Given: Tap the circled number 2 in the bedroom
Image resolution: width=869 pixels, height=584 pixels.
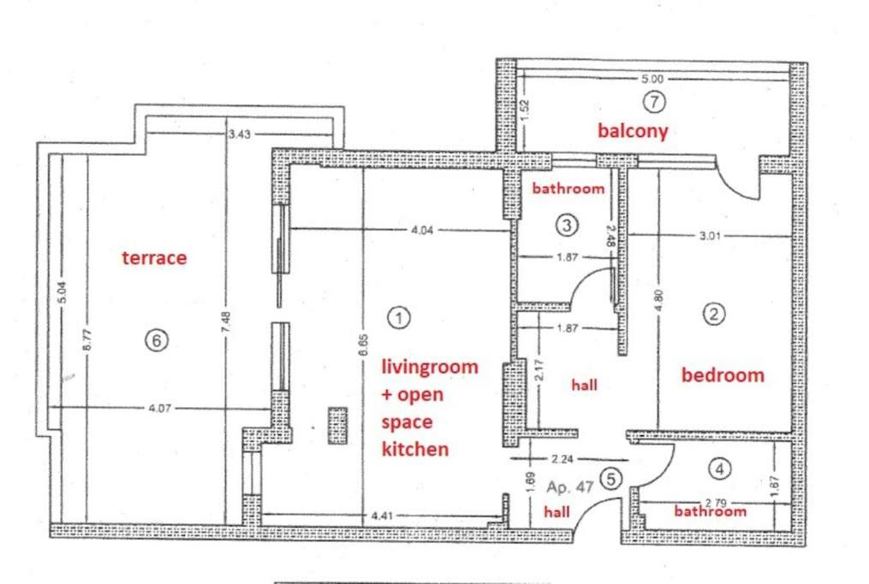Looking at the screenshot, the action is pyautogui.click(x=714, y=315).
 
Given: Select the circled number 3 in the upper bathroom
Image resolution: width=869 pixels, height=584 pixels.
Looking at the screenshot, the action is pyautogui.click(x=567, y=225).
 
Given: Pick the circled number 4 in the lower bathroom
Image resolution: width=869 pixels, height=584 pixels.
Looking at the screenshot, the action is pyautogui.click(x=719, y=469).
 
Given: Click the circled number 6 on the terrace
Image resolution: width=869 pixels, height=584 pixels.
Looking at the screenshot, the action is pyautogui.click(x=157, y=339).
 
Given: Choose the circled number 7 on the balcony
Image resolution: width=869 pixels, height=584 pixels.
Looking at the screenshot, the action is pyautogui.click(x=654, y=102).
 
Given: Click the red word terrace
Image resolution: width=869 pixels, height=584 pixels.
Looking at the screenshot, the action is pyautogui.click(x=154, y=258).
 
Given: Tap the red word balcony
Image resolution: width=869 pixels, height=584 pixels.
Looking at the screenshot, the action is pyautogui.click(x=633, y=131).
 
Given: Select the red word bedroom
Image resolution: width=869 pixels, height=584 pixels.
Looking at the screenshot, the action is pyautogui.click(x=723, y=375).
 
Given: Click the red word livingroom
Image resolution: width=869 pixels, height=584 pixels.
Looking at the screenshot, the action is pyautogui.click(x=430, y=367).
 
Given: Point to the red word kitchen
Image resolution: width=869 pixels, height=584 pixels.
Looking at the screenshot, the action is pyautogui.click(x=415, y=448).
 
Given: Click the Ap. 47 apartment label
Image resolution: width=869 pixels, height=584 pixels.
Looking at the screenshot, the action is pyautogui.click(x=569, y=487).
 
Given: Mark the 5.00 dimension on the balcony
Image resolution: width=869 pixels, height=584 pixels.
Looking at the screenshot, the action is pyautogui.click(x=652, y=80).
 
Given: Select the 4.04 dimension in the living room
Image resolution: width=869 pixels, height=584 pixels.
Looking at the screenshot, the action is pyautogui.click(x=422, y=230).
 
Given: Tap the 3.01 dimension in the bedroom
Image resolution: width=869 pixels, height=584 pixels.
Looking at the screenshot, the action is pyautogui.click(x=710, y=236).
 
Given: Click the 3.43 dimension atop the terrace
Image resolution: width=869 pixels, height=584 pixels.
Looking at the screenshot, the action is pyautogui.click(x=240, y=134).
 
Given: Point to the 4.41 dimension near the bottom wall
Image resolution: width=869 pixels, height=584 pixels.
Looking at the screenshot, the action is pyautogui.click(x=382, y=516).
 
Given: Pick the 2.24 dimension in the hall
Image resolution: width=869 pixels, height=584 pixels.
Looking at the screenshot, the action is pyautogui.click(x=562, y=459).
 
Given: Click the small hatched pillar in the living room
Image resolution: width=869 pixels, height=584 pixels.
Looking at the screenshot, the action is pyautogui.click(x=337, y=425).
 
